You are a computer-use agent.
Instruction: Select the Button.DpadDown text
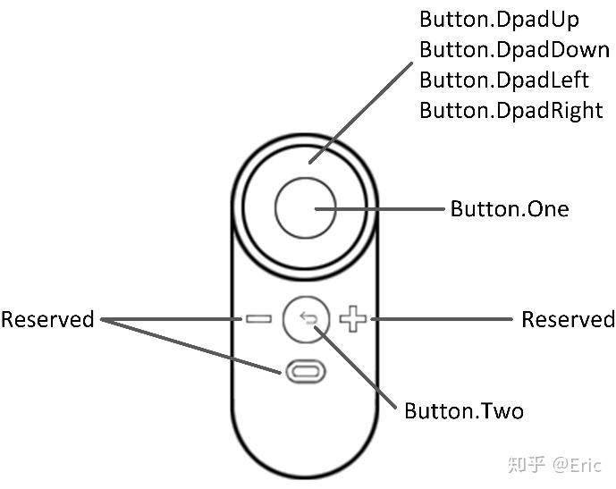[x=514, y=49]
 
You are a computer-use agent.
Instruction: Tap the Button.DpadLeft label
[x=504, y=80]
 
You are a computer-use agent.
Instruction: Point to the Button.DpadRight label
[x=511, y=110]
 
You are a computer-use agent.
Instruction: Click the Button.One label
[x=509, y=209]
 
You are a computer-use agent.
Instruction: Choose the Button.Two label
[x=463, y=410]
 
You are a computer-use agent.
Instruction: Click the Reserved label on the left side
[x=46, y=319]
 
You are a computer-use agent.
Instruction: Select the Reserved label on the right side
[x=568, y=319]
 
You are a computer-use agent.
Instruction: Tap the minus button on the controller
[x=259, y=319]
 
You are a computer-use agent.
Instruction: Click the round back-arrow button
[x=306, y=319]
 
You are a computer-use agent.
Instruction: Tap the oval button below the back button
[x=306, y=370]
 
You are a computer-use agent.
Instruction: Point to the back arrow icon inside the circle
[x=307, y=318]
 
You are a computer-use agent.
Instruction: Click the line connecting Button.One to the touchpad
[x=384, y=209]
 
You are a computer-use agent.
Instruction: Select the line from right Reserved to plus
[x=438, y=319]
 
